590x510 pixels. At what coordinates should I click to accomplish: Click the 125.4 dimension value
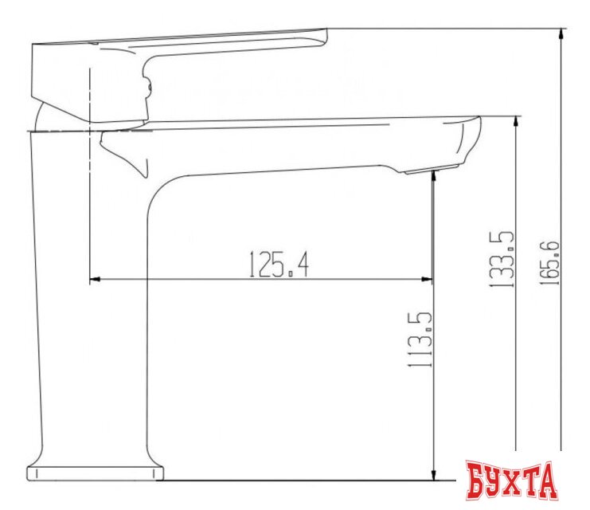[x=279, y=265]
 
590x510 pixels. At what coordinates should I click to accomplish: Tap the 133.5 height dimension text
[x=501, y=260]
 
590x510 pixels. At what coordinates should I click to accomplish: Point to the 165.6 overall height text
[x=549, y=263]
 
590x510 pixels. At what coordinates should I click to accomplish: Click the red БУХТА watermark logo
[x=511, y=481]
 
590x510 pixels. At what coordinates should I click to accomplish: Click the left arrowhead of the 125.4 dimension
[x=95, y=280]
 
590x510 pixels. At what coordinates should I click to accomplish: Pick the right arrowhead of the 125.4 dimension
[x=427, y=280]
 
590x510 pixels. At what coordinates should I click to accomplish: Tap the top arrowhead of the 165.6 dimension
[x=561, y=34]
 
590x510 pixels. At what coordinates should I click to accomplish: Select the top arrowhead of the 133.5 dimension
[x=516, y=122]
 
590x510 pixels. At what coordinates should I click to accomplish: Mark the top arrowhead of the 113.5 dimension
[x=433, y=177]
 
